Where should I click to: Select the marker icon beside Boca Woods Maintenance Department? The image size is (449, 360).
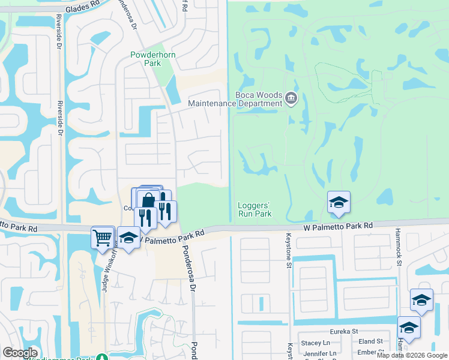291,98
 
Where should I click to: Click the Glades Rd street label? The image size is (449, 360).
83,7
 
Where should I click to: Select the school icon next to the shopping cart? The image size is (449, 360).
128,238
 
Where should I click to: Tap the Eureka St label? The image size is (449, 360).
343,331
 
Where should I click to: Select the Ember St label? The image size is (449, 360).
372,353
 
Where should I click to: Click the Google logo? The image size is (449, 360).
20,353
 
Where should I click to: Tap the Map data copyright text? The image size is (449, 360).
411,355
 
